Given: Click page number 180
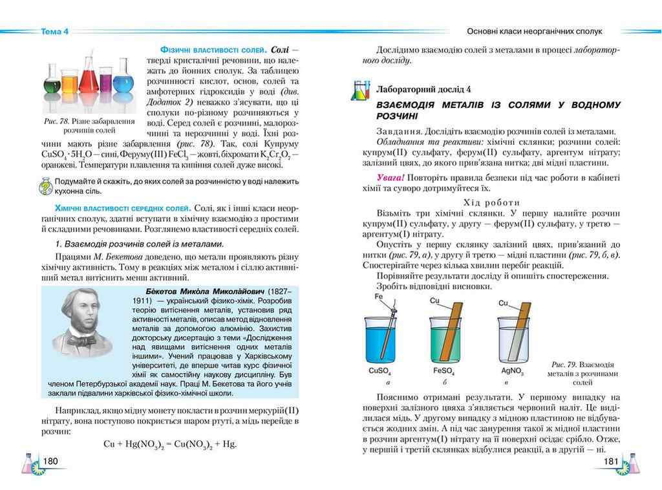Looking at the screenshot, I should [x=50, y=461].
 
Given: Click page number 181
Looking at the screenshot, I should [x=611, y=461].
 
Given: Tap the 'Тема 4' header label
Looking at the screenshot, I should [x=54, y=31].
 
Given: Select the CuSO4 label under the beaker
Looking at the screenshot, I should [x=380, y=372].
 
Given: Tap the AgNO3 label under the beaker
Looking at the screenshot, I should [x=512, y=372].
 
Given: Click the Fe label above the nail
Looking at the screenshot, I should [x=379, y=297].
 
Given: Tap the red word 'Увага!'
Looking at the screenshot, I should [x=391, y=177].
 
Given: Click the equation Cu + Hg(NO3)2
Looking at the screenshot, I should [x=171, y=444].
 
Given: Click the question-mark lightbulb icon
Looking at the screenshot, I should [x=45, y=186].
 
